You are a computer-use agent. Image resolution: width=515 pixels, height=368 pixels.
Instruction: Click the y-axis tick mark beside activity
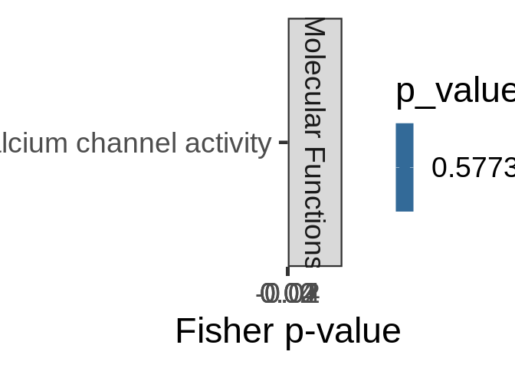tap(283, 142)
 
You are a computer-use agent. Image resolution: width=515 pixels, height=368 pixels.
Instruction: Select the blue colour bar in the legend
tap(405, 167)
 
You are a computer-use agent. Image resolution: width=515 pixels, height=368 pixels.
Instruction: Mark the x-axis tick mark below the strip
tap(287, 271)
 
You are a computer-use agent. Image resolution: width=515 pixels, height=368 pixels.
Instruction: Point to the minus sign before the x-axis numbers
tap(259, 294)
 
